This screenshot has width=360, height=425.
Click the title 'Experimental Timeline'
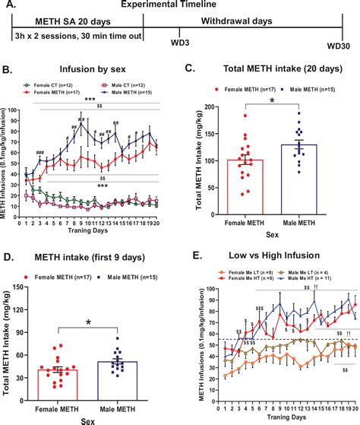click(179, 6)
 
